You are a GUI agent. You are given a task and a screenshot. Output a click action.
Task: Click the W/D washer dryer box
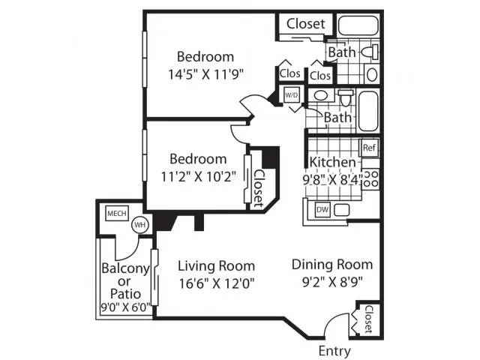tap(291, 95)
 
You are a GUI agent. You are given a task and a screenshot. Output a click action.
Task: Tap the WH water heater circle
tap(140, 225)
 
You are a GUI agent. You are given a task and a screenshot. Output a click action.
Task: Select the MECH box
tap(117, 213)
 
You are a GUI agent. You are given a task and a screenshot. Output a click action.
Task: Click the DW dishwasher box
tap(322, 210)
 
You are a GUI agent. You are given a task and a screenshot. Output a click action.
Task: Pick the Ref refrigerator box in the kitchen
tap(369, 148)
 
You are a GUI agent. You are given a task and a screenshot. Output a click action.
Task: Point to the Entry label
tap(334, 351)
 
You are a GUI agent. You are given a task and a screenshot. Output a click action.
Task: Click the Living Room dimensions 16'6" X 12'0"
tap(217, 283)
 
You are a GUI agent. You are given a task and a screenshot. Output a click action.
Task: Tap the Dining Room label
tap(332, 265)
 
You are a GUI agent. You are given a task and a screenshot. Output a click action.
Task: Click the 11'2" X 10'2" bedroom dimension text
tap(198, 177)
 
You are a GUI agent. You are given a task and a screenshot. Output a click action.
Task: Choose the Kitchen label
tap(333, 162)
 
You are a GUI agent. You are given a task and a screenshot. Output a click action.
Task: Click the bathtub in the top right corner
tap(358, 25)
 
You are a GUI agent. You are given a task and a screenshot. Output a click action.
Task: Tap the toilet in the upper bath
tap(370, 52)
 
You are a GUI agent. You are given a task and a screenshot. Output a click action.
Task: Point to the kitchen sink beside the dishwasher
tap(341, 210)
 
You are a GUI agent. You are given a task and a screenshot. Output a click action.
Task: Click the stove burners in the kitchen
tap(370, 178)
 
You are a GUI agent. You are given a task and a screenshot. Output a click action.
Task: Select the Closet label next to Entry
tap(369, 319)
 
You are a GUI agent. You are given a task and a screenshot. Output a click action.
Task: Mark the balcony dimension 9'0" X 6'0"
tap(126, 307)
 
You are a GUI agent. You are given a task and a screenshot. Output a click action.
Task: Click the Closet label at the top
tap(305, 24)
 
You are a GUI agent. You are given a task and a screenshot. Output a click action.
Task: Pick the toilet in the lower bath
tap(346, 98)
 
